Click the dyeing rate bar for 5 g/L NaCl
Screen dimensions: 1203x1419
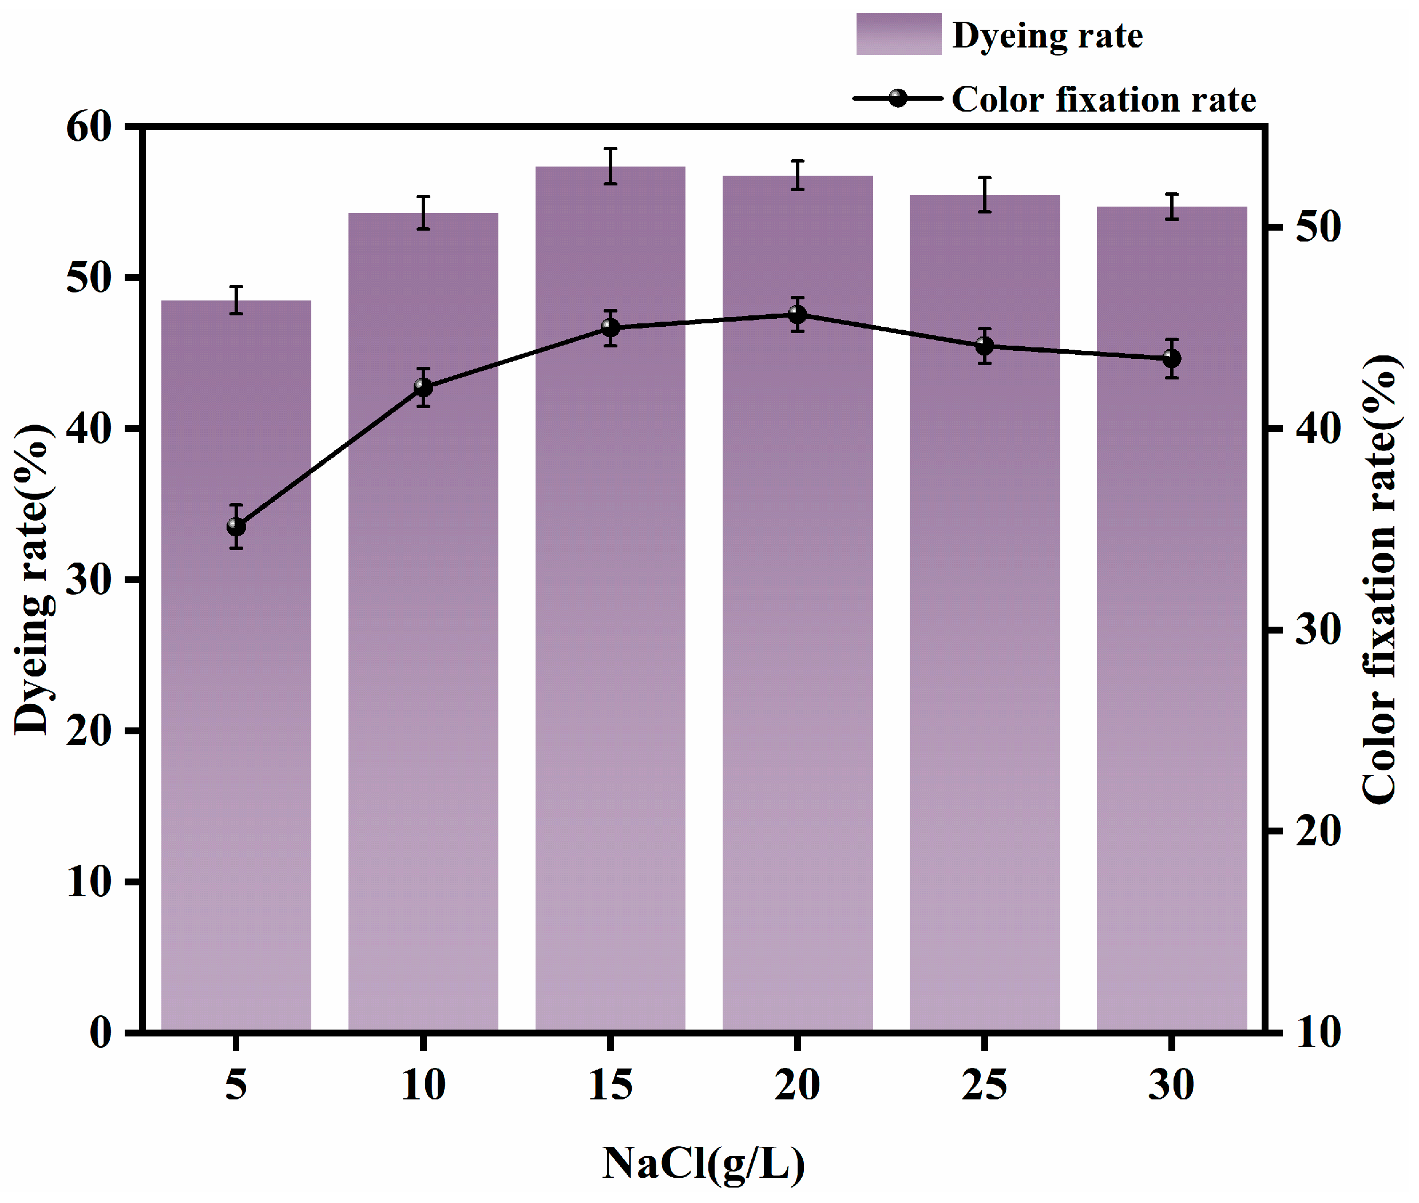click(236, 682)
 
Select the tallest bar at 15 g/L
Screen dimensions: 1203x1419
click(611, 614)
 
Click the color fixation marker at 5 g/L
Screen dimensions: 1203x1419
click(236, 527)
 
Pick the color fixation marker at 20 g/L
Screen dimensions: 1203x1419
click(797, 314)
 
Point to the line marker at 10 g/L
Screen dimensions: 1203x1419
click(423, 387)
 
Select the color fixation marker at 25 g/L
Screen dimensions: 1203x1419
click(984, 346)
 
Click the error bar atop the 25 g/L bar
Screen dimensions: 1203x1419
click(984, 195)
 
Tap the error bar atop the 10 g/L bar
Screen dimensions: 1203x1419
click(423, 213)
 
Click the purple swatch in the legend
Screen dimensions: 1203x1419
click(898, 34)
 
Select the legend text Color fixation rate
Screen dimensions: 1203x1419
click(1103, 100)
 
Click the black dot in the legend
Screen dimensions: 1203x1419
click(898, 99)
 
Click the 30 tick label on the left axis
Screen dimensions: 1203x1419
click(89, 580)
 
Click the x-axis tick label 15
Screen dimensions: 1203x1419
click(611, 1085)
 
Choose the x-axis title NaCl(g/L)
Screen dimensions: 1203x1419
click(704, 1164)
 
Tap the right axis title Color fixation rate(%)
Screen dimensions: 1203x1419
click(1379, 580)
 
